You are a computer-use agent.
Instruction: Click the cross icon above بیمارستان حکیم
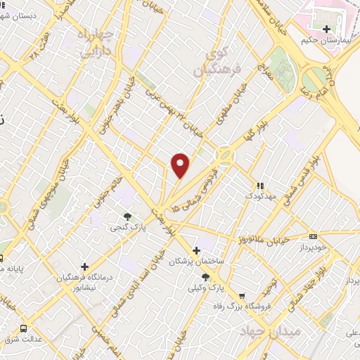pyautogui.click(x=327, y=29)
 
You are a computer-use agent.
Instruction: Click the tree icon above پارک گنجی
pyautogui.click(x=127, y=216)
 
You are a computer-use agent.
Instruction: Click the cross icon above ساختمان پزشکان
pyautogui.click(x=196, y=250)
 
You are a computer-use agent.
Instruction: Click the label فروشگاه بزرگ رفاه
pyautogui.click(x=243, y=307)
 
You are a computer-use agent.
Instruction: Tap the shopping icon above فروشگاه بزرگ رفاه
pyautogui.click(x=243, y=296)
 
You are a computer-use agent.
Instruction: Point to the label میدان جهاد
pyautogui.click(x=271, y=330)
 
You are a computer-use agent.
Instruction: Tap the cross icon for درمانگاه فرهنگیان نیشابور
pyautogui.click(x=84, y=266)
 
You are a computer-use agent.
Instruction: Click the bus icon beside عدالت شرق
pyautogui.click(x=23, y=328)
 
